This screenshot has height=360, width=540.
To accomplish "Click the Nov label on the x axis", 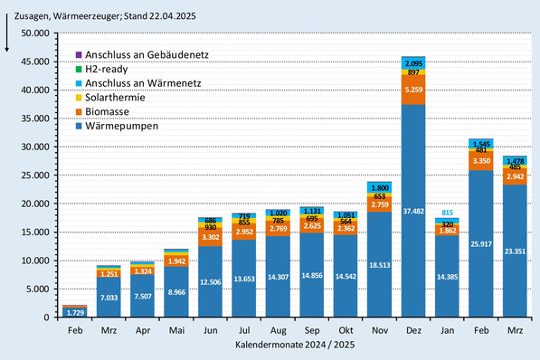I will point(380,331).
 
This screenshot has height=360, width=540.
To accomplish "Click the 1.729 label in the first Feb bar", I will point(75,311).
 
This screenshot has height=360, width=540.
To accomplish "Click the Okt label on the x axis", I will point(346,331).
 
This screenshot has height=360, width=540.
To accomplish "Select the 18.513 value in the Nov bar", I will point(381,262).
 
